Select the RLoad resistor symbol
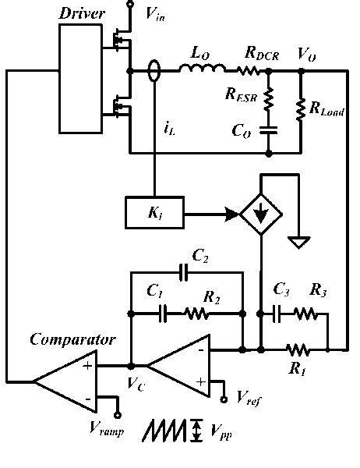click(302, 110)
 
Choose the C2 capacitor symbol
click(184, 272)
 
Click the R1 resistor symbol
click(300, 349)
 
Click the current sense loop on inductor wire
click(154, 73)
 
